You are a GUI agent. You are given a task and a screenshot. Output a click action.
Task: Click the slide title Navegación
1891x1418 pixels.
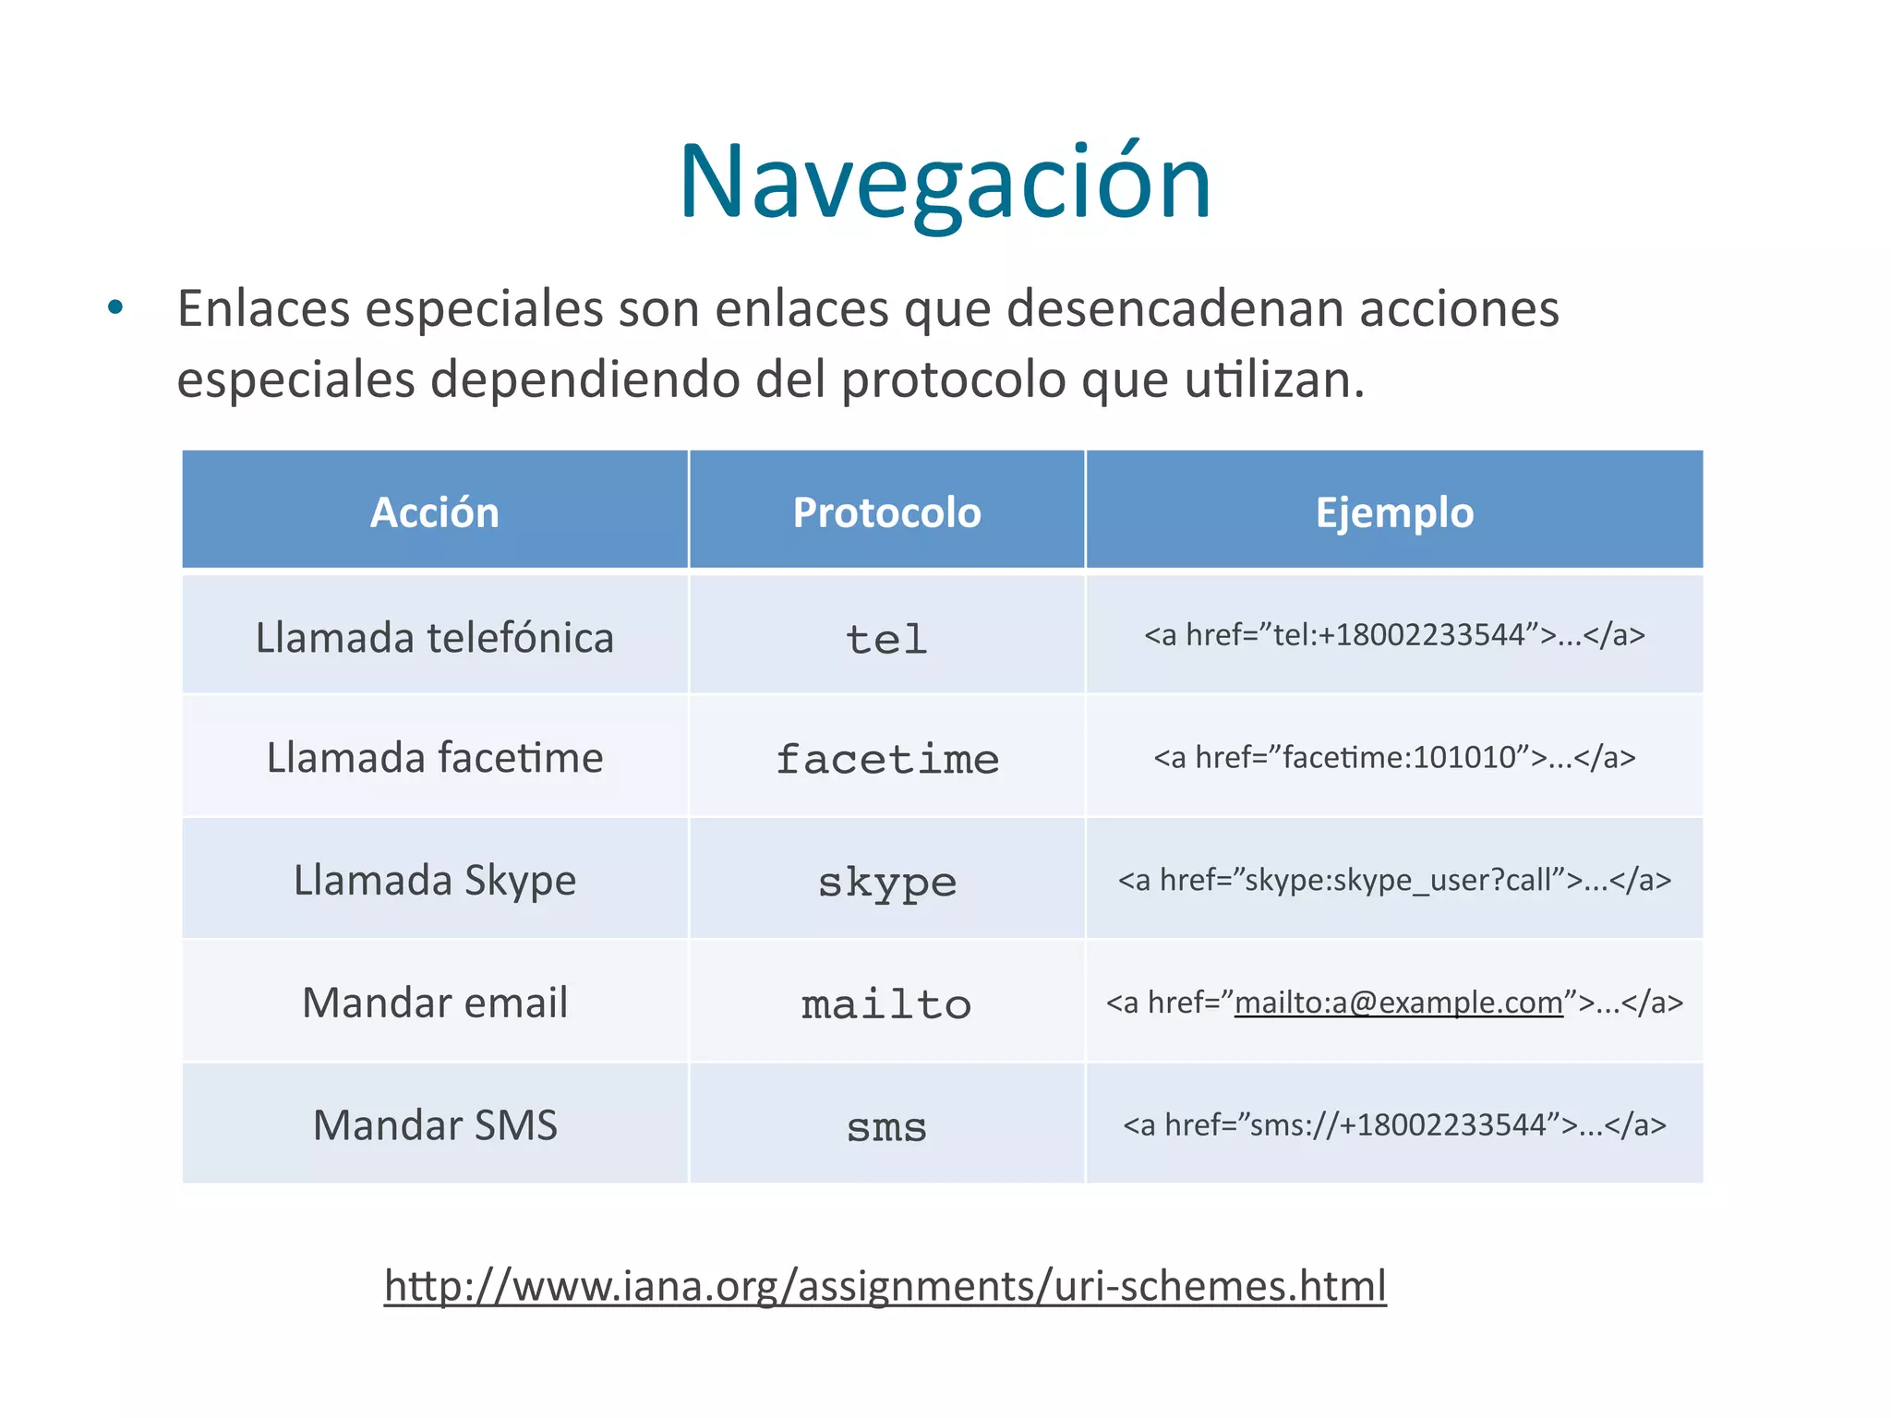945,182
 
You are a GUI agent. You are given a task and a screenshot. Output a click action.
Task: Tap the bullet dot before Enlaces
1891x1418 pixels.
115,308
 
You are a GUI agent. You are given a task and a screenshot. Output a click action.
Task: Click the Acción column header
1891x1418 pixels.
435,512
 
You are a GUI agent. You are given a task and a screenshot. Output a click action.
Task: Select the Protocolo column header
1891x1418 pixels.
886,512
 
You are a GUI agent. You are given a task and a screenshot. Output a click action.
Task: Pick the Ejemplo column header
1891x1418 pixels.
1394,512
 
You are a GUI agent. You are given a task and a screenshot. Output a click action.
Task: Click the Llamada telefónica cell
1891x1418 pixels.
435,637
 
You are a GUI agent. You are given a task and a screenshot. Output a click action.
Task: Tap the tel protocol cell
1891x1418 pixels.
886,639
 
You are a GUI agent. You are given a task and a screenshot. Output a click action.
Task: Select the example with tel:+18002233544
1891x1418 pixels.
1394,635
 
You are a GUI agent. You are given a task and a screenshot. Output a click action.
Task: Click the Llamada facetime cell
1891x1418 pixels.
435,758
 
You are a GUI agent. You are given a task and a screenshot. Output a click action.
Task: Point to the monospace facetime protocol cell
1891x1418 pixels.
886,760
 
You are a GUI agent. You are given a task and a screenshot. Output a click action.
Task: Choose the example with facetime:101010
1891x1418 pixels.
1394,758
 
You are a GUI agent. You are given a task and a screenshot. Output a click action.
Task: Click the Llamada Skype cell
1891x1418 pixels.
435,880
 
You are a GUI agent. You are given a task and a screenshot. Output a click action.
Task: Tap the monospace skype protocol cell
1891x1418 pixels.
886,883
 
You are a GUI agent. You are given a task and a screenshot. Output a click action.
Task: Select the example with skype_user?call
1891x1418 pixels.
1394,880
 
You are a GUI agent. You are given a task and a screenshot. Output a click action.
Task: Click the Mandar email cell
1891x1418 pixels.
435,1003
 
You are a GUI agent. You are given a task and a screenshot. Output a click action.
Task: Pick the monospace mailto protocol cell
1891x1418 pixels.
886,1004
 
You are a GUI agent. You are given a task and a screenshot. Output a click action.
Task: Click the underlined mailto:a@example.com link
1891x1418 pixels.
1398,1003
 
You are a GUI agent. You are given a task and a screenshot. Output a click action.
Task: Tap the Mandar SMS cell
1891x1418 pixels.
435,1125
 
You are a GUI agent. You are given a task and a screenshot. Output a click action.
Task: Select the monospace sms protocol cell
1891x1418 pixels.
886,1127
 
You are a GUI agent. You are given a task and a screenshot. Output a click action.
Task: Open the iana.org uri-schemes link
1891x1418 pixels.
885,1285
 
